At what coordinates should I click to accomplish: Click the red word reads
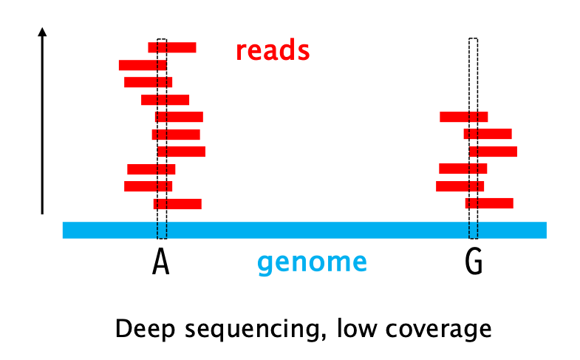point(271,51)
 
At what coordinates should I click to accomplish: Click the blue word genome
point(312,262)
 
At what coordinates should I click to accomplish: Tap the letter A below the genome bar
point(161,262)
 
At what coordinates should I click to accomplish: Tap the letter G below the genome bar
point(474,262)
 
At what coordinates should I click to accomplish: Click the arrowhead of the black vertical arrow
point(43,33)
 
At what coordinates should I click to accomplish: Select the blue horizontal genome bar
point(304,230)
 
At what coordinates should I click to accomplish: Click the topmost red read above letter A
point(172,47)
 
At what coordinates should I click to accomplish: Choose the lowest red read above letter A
point(177,204)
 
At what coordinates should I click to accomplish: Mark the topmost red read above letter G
point(463,117)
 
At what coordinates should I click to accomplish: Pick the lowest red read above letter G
point(489,203)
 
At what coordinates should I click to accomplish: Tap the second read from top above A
point(143,65)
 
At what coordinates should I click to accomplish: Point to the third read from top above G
point(493,152)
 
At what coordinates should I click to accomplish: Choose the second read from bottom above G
point(460,186)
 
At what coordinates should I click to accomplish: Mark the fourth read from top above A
point(165,100)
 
